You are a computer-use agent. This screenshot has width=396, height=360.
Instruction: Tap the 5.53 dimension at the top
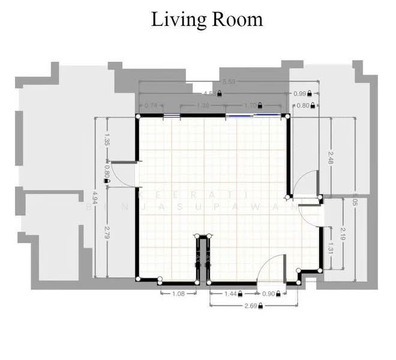[x=228, y=82]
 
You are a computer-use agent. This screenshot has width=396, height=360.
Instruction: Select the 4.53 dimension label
[x=210, y=94]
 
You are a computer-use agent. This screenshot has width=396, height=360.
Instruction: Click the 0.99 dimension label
[x=299, y=94]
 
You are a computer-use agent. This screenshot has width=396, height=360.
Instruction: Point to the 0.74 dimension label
[x=151, y=106]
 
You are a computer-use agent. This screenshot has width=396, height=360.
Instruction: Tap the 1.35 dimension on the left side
[x=106, y=142]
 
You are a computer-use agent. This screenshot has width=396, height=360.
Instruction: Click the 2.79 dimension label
[x=106, y=230]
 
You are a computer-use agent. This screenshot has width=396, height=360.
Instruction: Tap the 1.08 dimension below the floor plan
[x=178, y=293]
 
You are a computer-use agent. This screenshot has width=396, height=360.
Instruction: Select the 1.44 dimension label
[x=230, y=293]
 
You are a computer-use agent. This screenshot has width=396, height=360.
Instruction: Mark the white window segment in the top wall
[x=172, y=115]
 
